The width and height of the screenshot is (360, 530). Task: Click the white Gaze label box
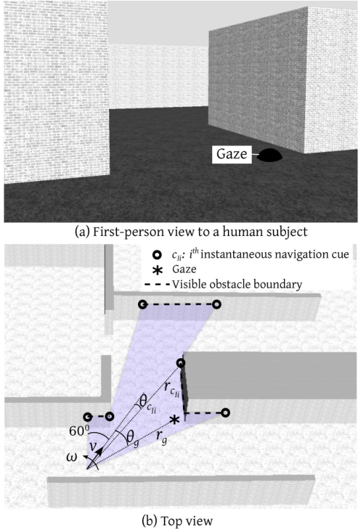coord(232,154)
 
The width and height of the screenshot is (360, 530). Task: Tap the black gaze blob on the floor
coord(270,155)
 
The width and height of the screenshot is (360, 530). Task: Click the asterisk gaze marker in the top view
coord(174,420)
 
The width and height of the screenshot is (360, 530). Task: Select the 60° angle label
coord(79,431)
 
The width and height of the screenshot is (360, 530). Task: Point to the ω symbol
coord(72,457)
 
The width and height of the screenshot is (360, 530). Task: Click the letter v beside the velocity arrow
coord(92,446)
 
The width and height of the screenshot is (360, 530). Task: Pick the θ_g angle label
coord(132,439)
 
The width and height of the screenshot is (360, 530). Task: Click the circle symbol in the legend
coord(157,255)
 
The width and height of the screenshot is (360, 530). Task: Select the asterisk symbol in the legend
coord(158,270)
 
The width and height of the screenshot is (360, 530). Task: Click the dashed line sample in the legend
coord(157,285)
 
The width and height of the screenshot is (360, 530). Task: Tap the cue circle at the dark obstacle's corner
coord(181,363)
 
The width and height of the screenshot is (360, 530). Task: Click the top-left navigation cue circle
coord(143,305)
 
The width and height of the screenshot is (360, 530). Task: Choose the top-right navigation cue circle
coord(217,305)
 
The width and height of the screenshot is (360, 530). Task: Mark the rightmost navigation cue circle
coord(226,412)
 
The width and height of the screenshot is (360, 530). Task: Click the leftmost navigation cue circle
coord(88,417)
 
